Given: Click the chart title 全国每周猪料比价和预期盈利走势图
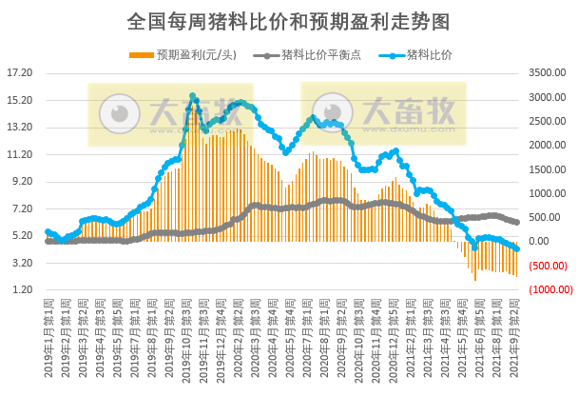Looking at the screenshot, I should point(288,20).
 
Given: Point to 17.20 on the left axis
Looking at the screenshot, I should point(19,72).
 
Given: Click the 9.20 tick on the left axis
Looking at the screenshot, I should point(21,181).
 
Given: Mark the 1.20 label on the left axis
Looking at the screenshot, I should point(21,290).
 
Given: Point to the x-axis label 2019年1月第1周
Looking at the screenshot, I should point(48,338).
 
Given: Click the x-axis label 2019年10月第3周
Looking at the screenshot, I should point(186,338).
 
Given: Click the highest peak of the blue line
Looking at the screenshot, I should point(192,96).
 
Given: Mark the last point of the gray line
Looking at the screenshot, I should point(516,223).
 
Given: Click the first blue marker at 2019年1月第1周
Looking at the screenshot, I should point(48,231).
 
